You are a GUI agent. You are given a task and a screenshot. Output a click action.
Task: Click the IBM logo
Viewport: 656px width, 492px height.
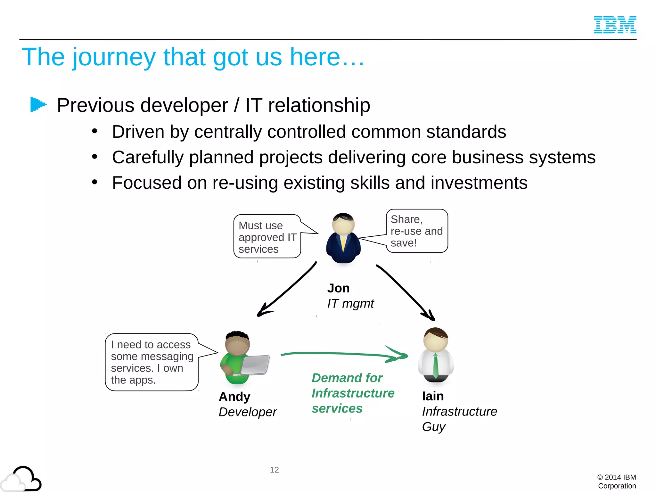point(615,25)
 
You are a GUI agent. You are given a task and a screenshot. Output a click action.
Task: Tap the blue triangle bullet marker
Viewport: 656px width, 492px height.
point(38,104)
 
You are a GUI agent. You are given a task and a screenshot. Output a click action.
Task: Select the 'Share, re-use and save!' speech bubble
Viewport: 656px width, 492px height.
point(417,231)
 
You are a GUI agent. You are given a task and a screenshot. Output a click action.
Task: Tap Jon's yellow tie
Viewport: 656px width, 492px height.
point(343,244)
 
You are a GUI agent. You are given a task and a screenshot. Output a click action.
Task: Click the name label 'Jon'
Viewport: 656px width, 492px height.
point(338,288)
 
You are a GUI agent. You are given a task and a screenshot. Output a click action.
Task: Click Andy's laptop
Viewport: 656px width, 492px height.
point(255,365)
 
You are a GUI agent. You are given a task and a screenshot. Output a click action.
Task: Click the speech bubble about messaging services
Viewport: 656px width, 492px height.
point(152,362)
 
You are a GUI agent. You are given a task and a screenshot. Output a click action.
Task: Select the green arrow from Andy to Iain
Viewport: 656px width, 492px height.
point(344,354)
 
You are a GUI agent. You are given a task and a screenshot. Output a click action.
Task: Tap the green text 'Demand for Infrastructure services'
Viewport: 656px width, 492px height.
point(352,393)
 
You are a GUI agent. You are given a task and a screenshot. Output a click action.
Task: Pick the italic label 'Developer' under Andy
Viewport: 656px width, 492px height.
point(247,412)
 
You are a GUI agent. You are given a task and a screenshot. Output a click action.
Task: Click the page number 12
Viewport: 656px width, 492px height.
point(274,470)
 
